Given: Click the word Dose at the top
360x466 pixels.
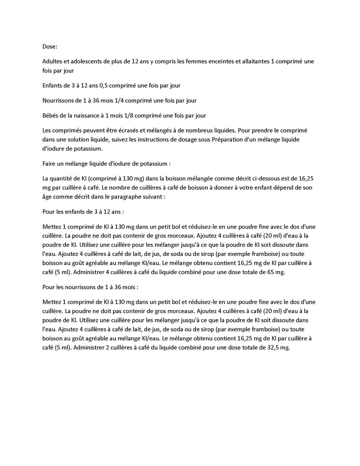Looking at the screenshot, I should point(49,46).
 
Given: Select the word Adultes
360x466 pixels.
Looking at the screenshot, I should point(52,62).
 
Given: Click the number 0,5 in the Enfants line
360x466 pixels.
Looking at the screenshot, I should point(102,86).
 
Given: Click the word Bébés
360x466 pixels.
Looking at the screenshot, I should point(50,116).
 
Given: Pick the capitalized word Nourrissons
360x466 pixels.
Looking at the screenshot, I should point(58,101).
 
